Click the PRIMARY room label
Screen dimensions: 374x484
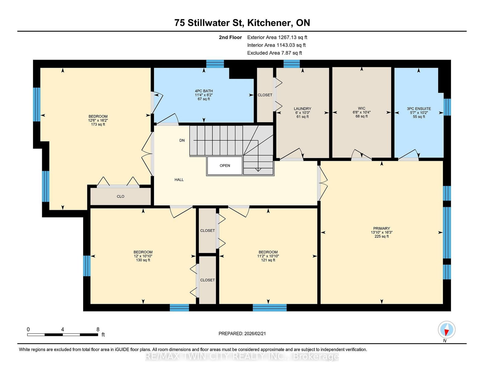pos(381,229)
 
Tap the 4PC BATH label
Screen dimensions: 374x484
pos(204,91)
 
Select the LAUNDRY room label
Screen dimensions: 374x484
pos(302,109)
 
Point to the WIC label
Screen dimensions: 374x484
pos(361,108)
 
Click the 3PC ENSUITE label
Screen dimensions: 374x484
pos(419,109)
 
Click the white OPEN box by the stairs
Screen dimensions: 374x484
pos(225,165)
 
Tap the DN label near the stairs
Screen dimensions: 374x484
pos(182,140)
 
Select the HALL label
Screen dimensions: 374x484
pos(179,180)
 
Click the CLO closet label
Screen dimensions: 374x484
pos(120,197)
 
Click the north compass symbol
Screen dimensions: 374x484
pos(446,330)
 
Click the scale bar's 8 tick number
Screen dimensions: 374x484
pos(98,329)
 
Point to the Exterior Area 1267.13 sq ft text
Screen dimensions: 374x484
pos(277,37)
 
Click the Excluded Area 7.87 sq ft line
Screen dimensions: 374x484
pos(274,53)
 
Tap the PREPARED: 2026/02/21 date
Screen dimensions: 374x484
pos(242,333)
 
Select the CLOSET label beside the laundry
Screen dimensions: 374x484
pos(265,95)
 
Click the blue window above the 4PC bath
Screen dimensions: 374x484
pos(215,64)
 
